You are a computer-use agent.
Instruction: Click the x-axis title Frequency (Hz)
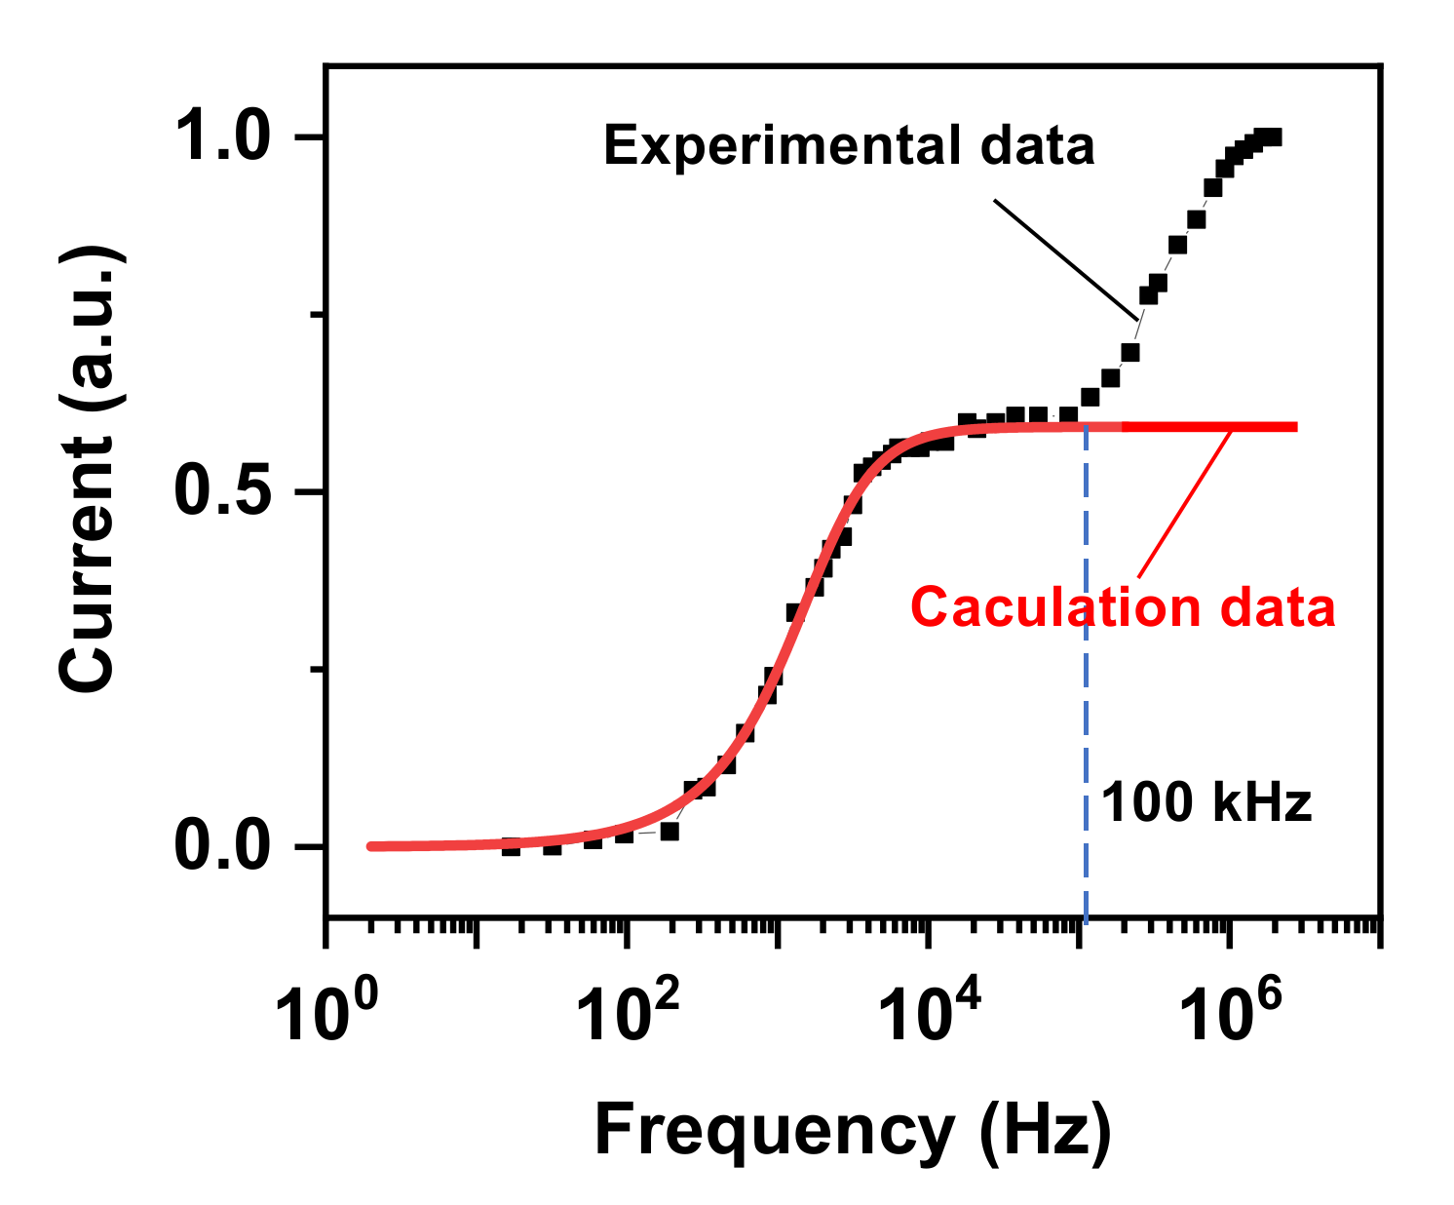(853, 1131)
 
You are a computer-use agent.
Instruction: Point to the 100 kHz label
(1206, 803)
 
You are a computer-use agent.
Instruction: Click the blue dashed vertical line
(1086, 682)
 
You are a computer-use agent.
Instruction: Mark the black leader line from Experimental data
(1065, 259)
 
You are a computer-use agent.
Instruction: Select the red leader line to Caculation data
(1183, 501)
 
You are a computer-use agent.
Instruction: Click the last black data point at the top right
(1271, 137)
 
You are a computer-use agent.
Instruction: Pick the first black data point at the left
(511, 846)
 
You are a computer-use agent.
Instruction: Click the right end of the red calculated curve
(1294, 427)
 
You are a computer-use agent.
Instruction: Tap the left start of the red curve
(371, 846)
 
